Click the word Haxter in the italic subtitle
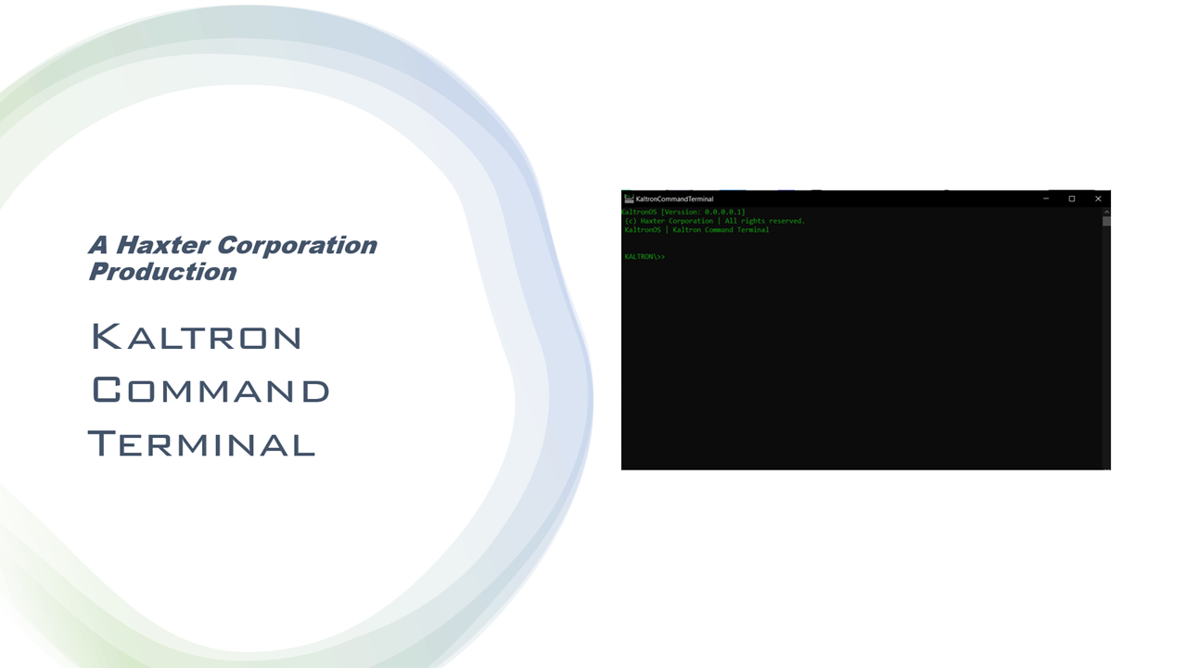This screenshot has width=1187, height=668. point(162,245)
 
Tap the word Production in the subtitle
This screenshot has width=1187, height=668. point(162,272)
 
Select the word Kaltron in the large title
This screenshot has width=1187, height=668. point(197,336)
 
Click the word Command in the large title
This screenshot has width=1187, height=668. point(211,390)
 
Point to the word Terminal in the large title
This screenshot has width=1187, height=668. point(202,443)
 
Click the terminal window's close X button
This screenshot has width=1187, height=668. point(1098,199)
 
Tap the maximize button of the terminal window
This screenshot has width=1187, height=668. point(1071,199)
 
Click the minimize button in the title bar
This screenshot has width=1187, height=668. point(1046,199)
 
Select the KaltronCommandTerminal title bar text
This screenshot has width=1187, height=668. point(674,199)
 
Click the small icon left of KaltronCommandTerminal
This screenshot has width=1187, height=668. point(629,199)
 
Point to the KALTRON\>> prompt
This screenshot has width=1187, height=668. point(645,257)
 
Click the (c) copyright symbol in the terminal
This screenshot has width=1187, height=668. point(630,221)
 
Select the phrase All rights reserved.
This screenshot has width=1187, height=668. point(765,221)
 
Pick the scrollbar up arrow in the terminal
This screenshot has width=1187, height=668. point(1106,212)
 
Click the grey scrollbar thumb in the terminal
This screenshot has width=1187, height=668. point(1106,221)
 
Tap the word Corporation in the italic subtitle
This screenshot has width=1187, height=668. point(297,245)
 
